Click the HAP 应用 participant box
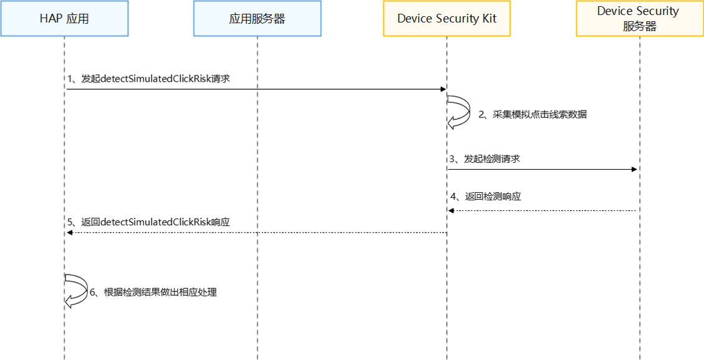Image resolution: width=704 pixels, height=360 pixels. tap(64, 18)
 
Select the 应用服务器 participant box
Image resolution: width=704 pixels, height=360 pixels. tap(257, 18)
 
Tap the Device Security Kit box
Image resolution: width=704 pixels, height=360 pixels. tap(446, 18)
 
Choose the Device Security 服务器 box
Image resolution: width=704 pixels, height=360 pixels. tap(639, 18)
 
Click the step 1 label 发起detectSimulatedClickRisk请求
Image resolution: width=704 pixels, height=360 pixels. tap(150, 79)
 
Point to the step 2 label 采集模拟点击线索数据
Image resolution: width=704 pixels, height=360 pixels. tap(533, 115)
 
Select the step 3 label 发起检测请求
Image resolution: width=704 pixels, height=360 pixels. tap(485, 159)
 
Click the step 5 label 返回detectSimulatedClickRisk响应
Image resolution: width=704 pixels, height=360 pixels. tap(149, 222)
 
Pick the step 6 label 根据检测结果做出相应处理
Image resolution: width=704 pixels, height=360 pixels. tap(153, 292)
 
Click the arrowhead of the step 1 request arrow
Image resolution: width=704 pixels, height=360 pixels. tap(443, 89)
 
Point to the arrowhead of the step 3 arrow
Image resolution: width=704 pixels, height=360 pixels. tap(635, 169)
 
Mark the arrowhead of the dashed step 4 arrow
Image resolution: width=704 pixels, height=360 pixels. tap(451, 210)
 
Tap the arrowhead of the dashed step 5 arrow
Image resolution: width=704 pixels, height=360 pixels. tap(69, 232)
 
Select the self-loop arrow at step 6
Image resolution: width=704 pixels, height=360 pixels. tap(77, 290)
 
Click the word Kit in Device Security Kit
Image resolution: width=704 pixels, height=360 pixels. tap(488, 18)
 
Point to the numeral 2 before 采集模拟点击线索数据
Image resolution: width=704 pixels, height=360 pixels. tap(481, 115)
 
